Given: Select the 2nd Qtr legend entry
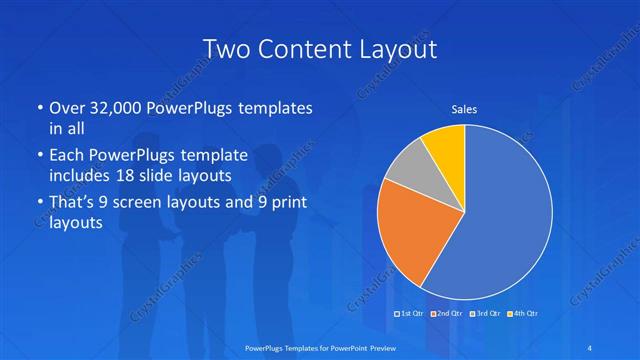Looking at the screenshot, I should pos(446,314).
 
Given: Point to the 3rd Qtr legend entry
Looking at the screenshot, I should pos(485,314).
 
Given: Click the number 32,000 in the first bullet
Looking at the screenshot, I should pos(112,108).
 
